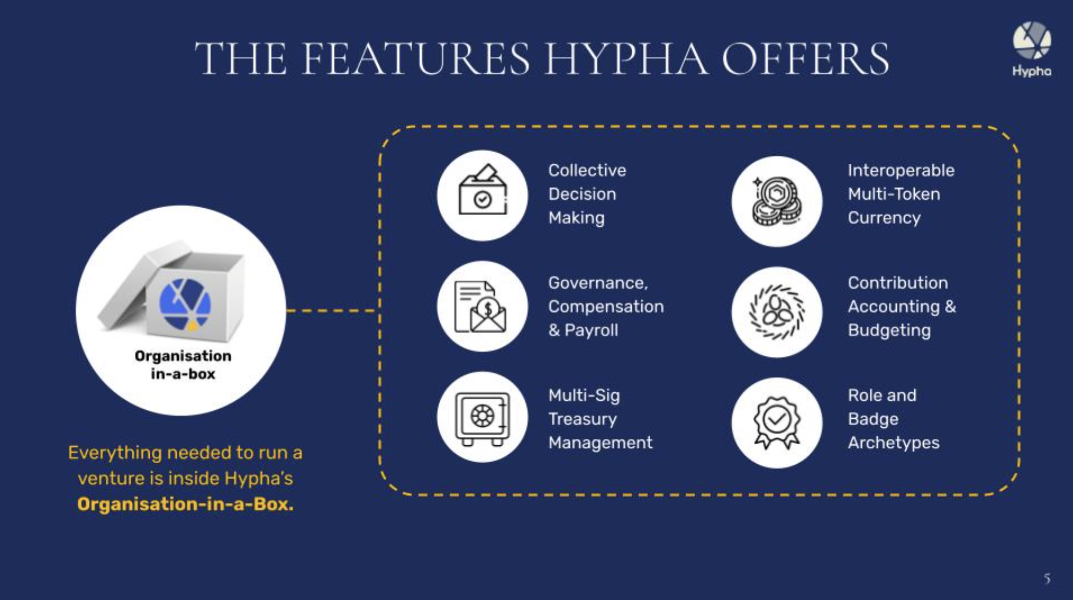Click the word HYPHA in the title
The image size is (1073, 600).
(625, 59)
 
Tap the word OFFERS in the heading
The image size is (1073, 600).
(805, 59)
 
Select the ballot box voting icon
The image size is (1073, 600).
(482, 191)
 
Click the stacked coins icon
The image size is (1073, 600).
(777, 201)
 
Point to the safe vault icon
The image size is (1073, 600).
(482, 418)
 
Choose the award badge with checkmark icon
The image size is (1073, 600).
(777, 422)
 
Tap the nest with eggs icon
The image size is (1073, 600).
(777, 312)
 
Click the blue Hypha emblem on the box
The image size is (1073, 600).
(185, 304)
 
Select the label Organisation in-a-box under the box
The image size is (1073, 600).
(183, 365)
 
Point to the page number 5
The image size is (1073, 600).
(1047, 579)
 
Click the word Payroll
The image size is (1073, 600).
(591, 330)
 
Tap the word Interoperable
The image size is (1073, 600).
(901, 171)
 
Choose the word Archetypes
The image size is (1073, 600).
(893, 443)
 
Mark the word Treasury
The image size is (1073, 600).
(583, 419)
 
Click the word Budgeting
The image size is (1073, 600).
(889, 330)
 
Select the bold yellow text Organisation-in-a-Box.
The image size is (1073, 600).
(185, 504)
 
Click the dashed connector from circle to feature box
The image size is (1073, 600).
(332, 310)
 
